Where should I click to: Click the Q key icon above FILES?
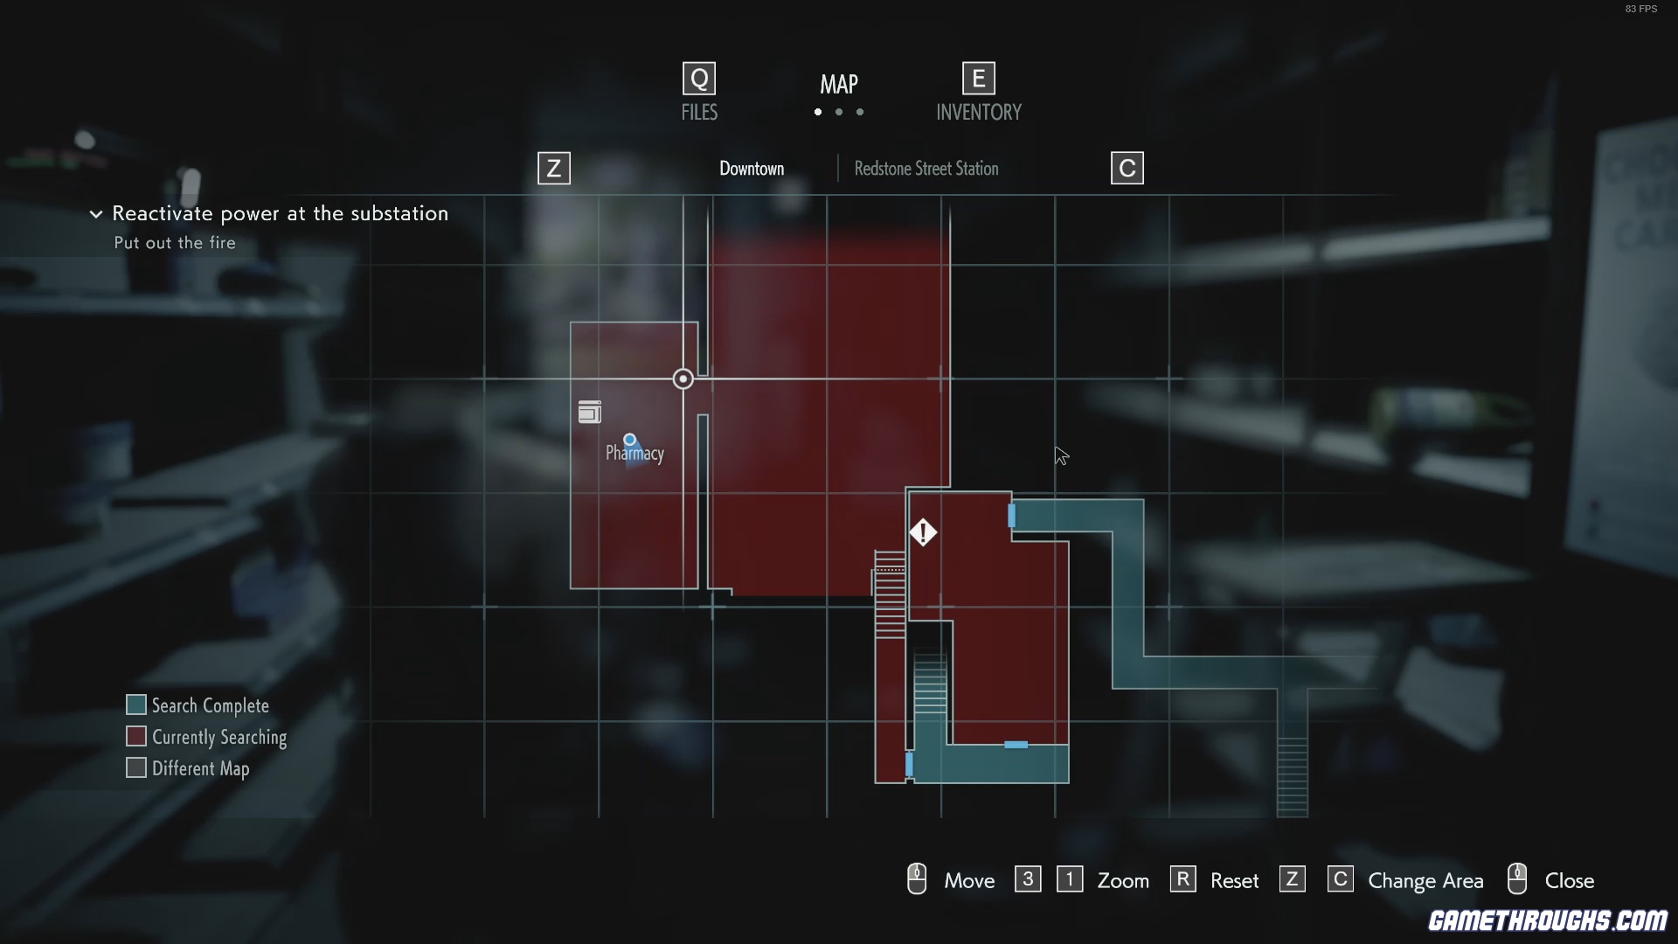tap(699, 79)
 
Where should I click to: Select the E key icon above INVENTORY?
tap(979, 79)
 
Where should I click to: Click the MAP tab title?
tap(839, 84)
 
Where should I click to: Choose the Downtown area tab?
tap(752, 169)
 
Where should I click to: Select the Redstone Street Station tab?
tap(926, 169)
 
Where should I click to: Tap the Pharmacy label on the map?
tap(635, 453)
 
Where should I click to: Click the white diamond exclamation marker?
tap(923, 532)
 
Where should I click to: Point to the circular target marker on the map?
tap(683, 378)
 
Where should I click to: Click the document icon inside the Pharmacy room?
tap(590, 412)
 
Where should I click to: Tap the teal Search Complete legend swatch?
tap(136, 705)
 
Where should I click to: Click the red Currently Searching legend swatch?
tap(136, 737)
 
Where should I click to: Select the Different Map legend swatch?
tap(136, 768)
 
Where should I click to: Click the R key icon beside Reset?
tap(1182, 879)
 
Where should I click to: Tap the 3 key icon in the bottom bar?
tap(1028, 879)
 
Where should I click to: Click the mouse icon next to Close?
tap(1517, 879)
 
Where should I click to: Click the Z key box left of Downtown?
tap(554, 169)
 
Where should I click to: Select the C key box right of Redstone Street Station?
tap(1127, 169)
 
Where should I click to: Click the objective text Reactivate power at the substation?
tap(280, 213)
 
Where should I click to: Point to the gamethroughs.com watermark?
tap(1548, 920)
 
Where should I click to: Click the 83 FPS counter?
tap(1640, 9)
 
